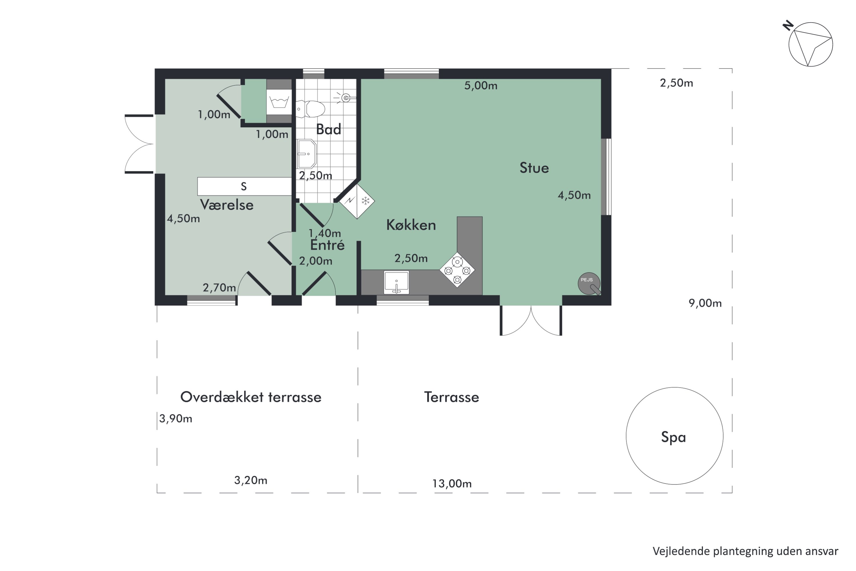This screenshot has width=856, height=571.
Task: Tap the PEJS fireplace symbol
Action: (x=588, y=283)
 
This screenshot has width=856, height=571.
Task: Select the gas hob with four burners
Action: (x=457, y=270)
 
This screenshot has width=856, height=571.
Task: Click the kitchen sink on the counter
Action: (x=396, y=282)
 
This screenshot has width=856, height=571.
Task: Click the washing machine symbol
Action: (x=279, y=102)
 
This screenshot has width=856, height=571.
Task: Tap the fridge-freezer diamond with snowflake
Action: (x=357, y=201)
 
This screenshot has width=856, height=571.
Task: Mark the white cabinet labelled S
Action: (x=244, y=186)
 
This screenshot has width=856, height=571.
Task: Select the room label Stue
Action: (x=534, y=168)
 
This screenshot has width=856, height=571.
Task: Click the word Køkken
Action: (x=411, y=225)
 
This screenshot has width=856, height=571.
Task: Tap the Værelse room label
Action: (x=227, y=205)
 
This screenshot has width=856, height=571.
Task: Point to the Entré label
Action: (x=327, y=245)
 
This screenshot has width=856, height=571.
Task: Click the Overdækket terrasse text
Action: (x=251, y=397)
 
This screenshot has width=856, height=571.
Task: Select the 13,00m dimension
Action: (x=452, y=484)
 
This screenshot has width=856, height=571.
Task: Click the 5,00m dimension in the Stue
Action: (x=481, y=86)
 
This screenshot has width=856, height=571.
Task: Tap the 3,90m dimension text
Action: (x=176, y=419)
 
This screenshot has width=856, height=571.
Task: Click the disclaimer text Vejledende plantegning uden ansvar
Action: (x=745, y=551)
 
